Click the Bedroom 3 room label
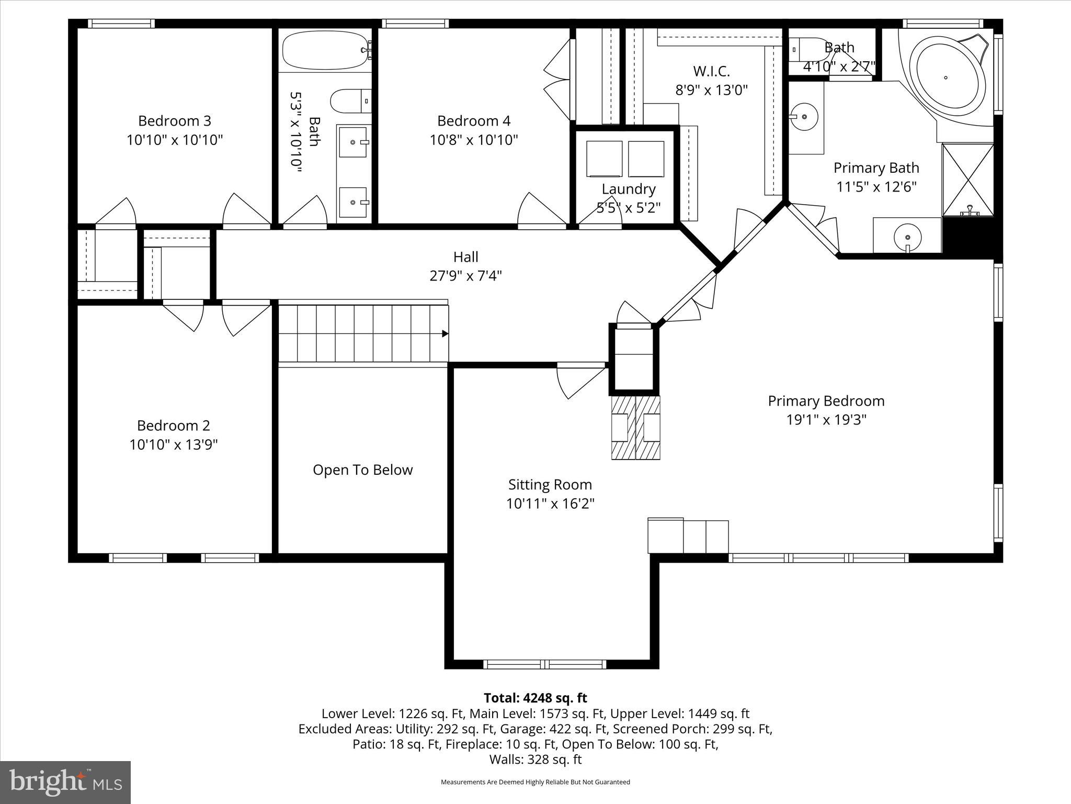pos(174,121)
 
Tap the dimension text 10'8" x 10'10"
pos(474,140)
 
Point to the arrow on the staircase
pos(445,333)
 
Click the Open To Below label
pos(362,470)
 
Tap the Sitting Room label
pos(550,485)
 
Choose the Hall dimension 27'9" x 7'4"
pos(465,276)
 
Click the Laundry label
pos(628,189)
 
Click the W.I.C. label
pos(711,71)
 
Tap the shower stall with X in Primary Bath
pos(968,180)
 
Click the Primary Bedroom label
pos(826,401)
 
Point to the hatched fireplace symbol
pos(635,428)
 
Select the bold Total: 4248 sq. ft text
pos(535,698)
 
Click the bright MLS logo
pos(65,782)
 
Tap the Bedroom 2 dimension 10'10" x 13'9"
pos(174,445)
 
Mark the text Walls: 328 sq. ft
pos(535,760)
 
